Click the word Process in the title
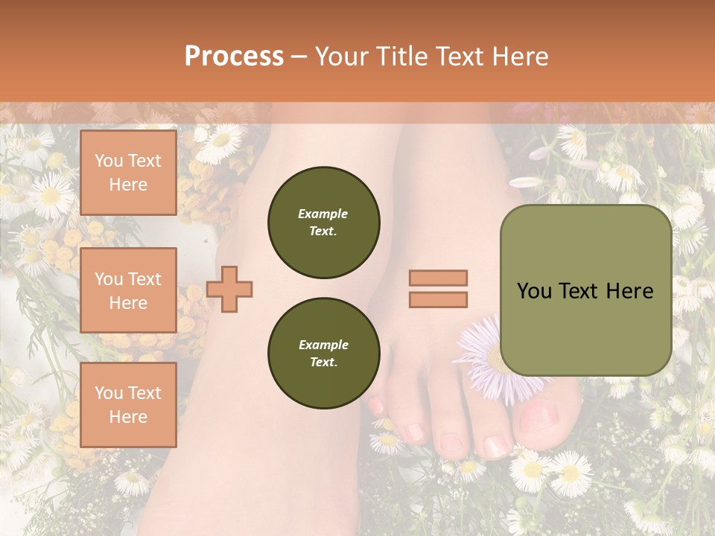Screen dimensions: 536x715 click(x=234, y=57)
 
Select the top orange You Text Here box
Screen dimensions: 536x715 click(x=128, y=173)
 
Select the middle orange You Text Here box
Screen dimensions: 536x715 click(x=128, y=290)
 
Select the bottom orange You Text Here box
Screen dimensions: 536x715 click(x=128, y=404)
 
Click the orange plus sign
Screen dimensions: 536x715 click(x=229, y=289)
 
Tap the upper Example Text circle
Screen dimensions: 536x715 click(x=323, y=223)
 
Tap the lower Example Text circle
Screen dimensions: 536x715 click(x=323, y=353)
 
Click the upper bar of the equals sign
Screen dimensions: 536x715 click(x=438, y=278)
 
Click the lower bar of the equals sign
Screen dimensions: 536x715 click(x=438, y=299)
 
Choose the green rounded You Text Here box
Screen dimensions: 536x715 click(x=585, y=290)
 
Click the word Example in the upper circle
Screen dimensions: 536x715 click(x=323, y=214)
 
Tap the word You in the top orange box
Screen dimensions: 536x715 click(x=108, y=161)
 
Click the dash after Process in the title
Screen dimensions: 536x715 click(x=299, y=57)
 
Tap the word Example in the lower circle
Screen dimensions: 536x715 click(x=323, y=345)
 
